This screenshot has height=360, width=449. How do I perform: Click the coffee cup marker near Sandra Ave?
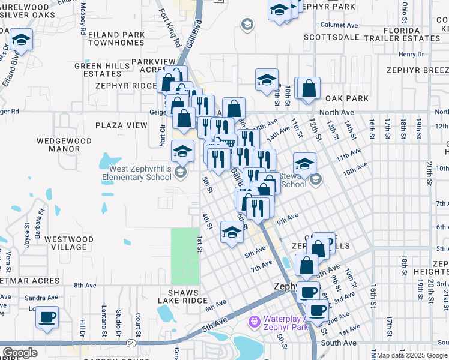pos(47,316)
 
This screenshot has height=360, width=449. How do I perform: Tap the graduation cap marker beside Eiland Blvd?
pos(21,41)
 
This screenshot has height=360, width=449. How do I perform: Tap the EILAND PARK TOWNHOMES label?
pos(116,39)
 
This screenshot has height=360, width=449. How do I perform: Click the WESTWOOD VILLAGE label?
pos(70,243)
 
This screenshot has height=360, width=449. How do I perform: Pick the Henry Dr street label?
pos(411,54)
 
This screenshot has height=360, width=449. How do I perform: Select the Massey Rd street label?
pos(82,13)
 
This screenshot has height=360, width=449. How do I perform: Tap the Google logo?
pos(20,353)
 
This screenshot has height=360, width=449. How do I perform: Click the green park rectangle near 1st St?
pos(185,256)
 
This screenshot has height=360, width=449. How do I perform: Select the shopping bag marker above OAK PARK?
pos(309,88)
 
